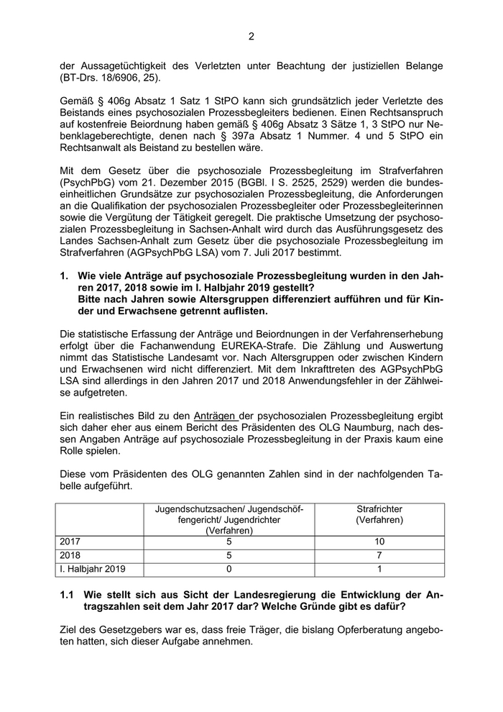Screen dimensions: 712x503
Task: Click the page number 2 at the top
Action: [x=251, y=37]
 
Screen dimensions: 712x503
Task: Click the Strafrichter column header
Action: [x=379, y=509]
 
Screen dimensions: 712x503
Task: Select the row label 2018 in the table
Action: [x=71, y=555]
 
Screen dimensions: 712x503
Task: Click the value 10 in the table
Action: [x=379, y=542]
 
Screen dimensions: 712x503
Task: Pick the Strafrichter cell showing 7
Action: [x=379, y=555]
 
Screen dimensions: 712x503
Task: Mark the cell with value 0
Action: [x=228, y=569]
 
